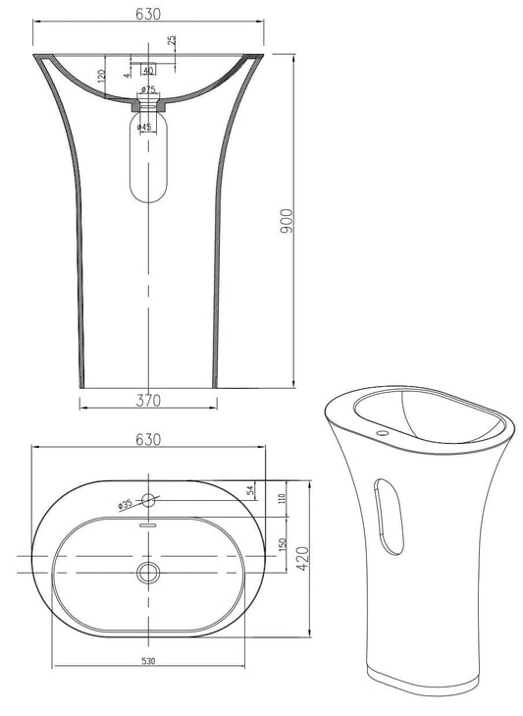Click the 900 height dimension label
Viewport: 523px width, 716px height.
pos(287,221)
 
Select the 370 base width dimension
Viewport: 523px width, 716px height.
pos(148,401)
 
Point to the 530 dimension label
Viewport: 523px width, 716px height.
pos(149,661)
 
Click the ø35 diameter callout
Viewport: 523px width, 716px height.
pos(125,505)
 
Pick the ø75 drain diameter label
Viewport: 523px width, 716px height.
pos(149,89)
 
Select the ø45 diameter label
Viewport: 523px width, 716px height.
pos(144,127)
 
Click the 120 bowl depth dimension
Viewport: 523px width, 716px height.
pos(102,75)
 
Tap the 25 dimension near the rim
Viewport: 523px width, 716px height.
pos(172,39)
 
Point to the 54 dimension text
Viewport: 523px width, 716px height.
pos(249,490)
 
